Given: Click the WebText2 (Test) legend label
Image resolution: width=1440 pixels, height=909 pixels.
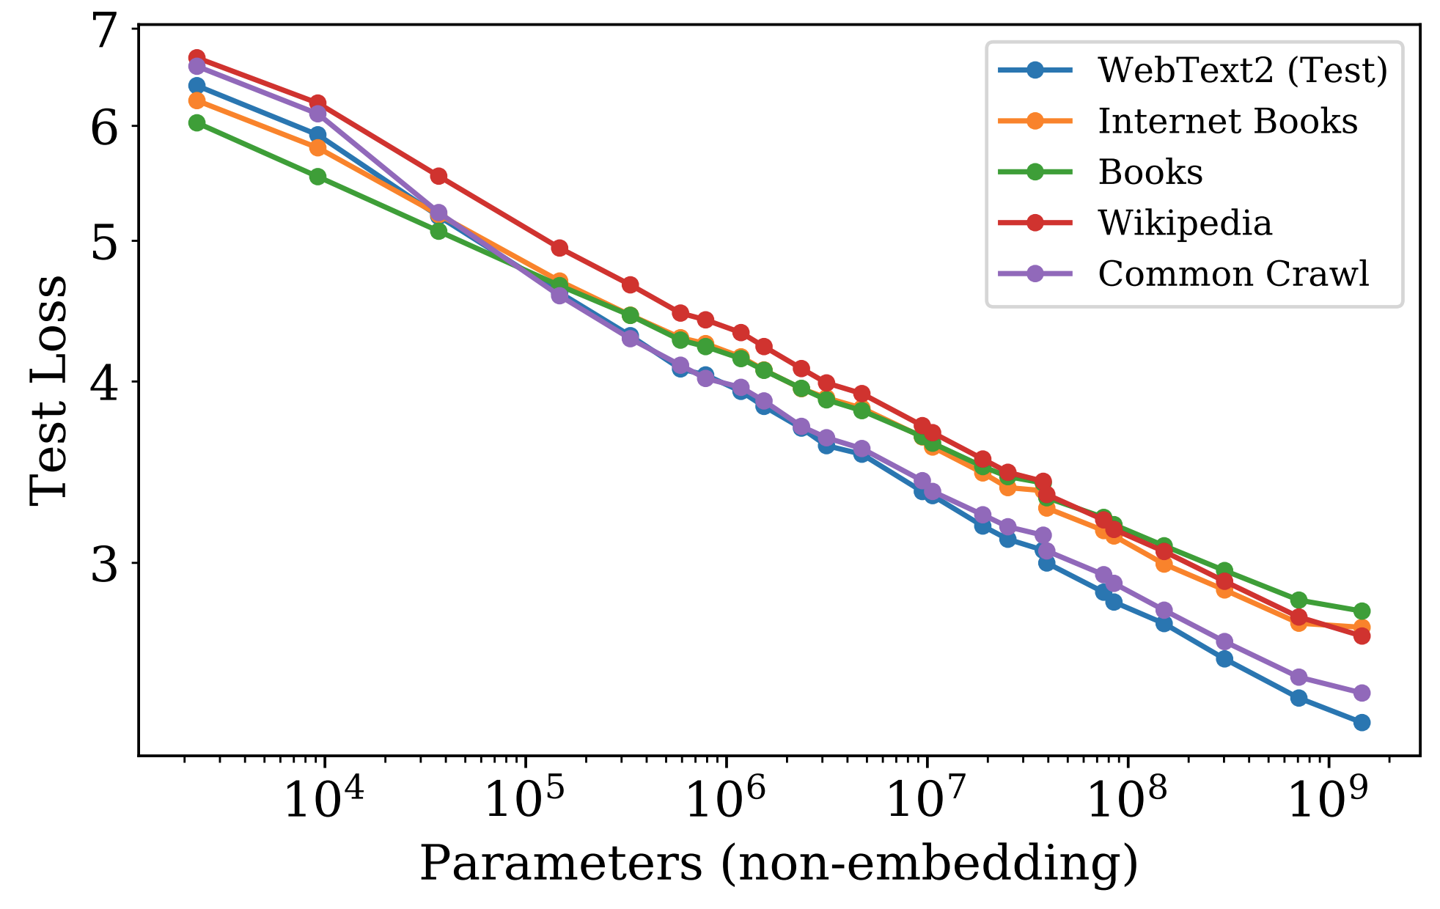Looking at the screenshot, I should (x=1242, y=70).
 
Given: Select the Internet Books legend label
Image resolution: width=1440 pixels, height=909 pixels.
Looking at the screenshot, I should (x=1227, y=121).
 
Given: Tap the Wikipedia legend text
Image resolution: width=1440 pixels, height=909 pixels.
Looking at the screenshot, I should (x=1184, y=223).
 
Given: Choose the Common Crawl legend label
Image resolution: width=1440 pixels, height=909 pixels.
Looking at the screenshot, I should (x=1233, y=273).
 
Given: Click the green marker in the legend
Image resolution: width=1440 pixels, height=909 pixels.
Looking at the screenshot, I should (x=1035, y=172).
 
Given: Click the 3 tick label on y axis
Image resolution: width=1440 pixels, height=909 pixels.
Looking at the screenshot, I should (x=105, y=564).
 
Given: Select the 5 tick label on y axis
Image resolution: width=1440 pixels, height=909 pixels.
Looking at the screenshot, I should (x=105, y=241).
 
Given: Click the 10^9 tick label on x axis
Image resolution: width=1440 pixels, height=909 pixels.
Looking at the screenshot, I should (x=1327, y=800).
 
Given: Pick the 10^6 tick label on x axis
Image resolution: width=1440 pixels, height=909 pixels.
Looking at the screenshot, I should (x=724, y=800).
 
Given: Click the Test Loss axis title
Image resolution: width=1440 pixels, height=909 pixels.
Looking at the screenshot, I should (x=48, y=391).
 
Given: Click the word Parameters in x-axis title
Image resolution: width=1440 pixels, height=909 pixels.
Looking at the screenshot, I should (x=561, y=864).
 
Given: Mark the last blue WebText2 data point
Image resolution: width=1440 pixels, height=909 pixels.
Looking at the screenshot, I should (x=1362, y=723).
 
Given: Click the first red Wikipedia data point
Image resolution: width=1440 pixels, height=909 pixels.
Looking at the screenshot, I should (x=196, y=57).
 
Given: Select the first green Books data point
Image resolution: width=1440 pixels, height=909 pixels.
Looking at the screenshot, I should (x=196, y=122).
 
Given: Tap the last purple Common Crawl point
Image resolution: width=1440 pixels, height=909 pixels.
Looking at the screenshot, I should (x=1362, y=693).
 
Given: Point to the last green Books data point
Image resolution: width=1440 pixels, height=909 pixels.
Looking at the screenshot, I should (x=1362, y=611).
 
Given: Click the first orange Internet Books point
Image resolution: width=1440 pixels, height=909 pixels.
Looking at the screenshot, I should (x=196, y=100).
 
